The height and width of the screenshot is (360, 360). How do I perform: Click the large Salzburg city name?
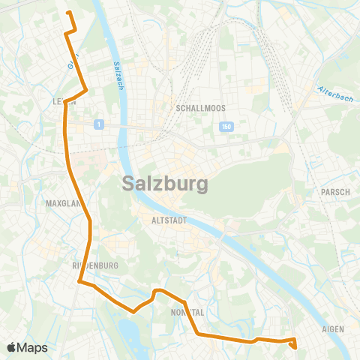click(x=165, y=183)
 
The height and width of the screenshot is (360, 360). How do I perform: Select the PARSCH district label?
click(x=335, y=192)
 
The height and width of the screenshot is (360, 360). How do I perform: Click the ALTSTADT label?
click(x=167, y=221)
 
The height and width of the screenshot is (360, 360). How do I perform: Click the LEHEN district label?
click(x=60, y=103)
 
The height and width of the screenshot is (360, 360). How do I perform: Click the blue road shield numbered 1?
click(x=98, y=124)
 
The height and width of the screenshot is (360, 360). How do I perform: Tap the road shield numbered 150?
click(x=226, y=127)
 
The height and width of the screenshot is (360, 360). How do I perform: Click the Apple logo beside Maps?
click(x=11, y=347)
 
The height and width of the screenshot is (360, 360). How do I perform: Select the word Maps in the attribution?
click(x=32, y=347)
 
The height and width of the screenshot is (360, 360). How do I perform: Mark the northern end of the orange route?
click(x=68, y=13)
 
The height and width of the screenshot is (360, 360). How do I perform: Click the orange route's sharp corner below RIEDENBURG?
click(x=79, y=282)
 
